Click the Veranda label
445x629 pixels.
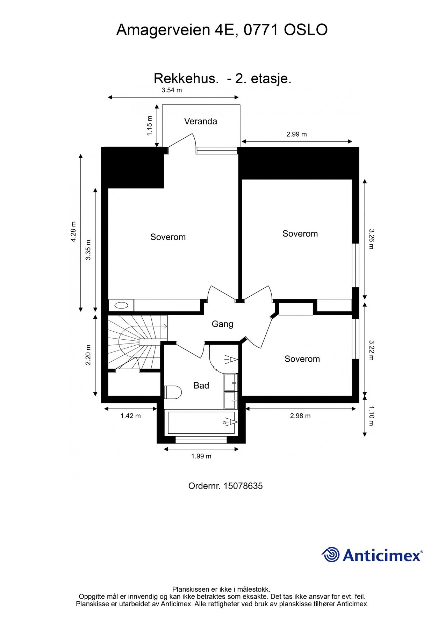(200, 121)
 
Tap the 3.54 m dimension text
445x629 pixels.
(171, 90)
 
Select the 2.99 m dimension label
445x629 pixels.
(296, 134)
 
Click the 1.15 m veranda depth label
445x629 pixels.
(150, 125)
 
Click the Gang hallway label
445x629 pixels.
(222, 324)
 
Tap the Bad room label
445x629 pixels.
(201, 385)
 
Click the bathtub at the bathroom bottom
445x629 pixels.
(201, 423)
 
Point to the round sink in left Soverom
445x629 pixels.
(121, 305)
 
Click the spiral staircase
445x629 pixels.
(135, 342)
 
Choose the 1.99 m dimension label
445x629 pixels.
(201, 456)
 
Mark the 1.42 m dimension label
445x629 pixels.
(130, 416)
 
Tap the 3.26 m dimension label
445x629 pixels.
(371, 239)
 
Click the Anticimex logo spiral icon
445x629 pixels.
(330, 555)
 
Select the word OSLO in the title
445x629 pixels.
(306, 30)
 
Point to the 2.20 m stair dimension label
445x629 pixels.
(88, 355)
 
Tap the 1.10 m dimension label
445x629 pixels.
(371, 416)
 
